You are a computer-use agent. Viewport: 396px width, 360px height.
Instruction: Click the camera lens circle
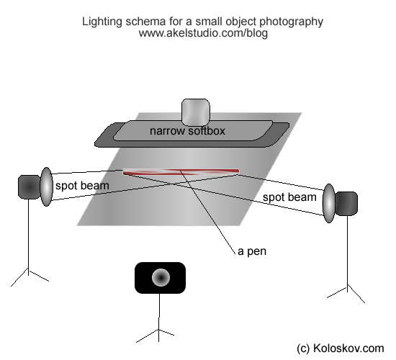[161, 277]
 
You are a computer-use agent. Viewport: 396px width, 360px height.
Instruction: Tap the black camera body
[160, 278]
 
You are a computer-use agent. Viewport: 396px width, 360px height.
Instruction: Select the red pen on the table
[181, 172]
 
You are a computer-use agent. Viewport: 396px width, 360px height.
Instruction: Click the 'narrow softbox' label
[187, 131]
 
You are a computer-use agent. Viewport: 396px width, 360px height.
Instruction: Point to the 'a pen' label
[252, 251]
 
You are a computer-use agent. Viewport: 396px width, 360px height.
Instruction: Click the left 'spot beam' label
[82, 186]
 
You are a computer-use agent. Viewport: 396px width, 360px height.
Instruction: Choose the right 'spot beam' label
[289, 197]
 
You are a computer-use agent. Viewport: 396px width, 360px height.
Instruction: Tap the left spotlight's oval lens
[47, 186]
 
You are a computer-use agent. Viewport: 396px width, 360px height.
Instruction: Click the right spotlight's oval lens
[329, 203]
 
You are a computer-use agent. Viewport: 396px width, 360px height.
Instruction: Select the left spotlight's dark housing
[30, 187]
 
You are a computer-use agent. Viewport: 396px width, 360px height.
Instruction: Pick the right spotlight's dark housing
[346, 204]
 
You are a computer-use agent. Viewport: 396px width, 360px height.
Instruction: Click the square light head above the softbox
[196, 112]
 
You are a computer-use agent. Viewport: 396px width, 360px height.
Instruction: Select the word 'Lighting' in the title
[102, 22]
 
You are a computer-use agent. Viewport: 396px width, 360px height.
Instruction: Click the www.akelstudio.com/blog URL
[203, 33]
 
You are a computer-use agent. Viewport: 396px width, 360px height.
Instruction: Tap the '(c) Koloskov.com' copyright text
[341, 348]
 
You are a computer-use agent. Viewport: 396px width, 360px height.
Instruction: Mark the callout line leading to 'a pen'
[207, 212]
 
